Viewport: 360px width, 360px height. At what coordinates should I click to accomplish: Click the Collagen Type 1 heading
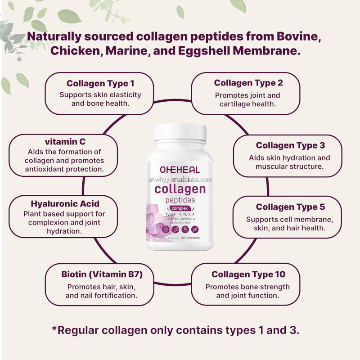[100, 83]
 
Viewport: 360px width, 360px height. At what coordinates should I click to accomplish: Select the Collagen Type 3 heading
[290, 145]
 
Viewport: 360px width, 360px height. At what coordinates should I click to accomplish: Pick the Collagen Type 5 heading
[290, 207]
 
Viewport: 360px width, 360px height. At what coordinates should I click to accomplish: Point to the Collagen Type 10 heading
[248, 274]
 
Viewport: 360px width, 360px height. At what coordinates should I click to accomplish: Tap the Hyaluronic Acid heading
[65, 203]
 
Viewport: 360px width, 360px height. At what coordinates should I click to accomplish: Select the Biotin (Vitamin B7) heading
[102, 274]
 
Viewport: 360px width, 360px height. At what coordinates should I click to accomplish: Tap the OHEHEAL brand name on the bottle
[180, 170]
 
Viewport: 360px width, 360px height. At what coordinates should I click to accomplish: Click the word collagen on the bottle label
[180, 189]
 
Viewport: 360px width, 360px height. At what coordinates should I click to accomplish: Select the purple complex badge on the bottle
[179, 208]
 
